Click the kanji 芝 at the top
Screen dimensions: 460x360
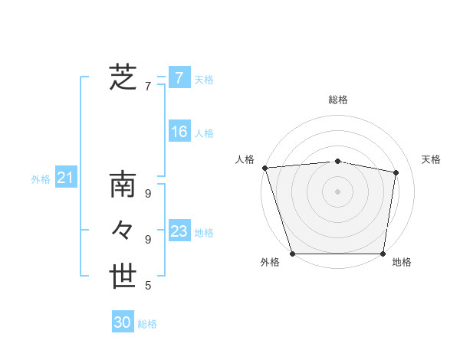point(123,77)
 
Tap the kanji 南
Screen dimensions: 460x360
point(123,186)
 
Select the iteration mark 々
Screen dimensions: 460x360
point(123,231)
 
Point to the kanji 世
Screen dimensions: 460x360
point(123,277)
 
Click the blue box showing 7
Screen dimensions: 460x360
point(179,77)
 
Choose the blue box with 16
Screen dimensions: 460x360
point(179,132)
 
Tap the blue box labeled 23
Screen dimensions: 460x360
point(179,231)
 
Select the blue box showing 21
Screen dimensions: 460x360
point(65,178)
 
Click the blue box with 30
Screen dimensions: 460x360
point(122,322)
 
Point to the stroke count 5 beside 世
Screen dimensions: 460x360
point(148,286)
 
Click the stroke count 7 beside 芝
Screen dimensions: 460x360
point(148,87)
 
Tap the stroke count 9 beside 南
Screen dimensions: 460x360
point(148,194)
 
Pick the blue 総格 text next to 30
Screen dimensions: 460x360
point(148,324)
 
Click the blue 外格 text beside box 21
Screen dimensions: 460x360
point(41,179)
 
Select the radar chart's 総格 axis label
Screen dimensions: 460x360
point(338,100)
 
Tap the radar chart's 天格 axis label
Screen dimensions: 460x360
point(432,159)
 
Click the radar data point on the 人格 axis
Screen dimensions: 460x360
point(264,168)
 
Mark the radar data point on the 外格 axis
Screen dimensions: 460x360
point(293,254)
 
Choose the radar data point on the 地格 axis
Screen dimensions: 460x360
point(383,254)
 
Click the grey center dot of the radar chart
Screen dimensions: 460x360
point(338,191)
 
